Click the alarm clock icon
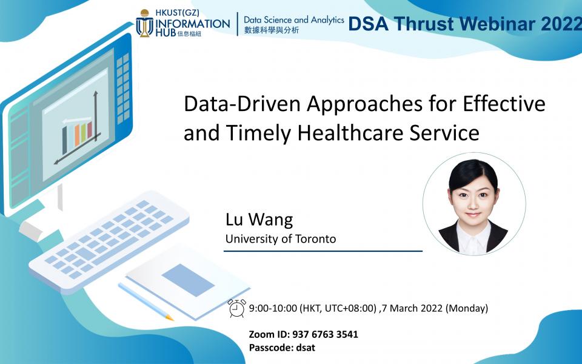click(x=237, y=308)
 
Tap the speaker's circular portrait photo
click(x=474, y=204)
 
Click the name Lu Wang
click(x=259, y=219)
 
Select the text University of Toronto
click(x=281, y=238)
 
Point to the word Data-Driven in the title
click(x=242, y=104)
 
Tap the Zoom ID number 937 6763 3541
click(x=325, y=334)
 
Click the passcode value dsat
click(x=306, y=348)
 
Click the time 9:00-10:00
click(x=273, y=308)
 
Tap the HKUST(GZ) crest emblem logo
click(x=144, y=23)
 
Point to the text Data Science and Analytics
click(x=294, y=20)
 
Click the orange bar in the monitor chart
click(x=77, y=135)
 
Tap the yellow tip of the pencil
click(x=169, y=318)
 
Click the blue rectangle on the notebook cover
click(x=188, y=280)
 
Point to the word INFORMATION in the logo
click(x=193, y=24)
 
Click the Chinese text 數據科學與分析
click(x=272, y=30)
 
